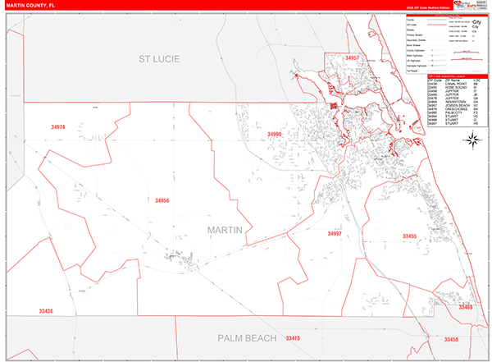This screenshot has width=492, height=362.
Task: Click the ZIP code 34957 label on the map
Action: [353, 59]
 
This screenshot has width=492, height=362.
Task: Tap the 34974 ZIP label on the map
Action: [57, 126]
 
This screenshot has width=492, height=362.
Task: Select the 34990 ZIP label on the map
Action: [274, 134]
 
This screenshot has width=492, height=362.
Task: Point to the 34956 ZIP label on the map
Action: [162, 200]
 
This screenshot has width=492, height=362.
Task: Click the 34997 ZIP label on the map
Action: [335, 234]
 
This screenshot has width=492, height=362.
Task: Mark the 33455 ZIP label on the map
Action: [409, 236]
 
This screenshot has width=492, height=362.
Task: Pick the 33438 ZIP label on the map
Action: [46, 311]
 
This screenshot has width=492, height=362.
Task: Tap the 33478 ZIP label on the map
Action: [293, 337]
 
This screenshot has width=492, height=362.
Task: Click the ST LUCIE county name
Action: [158, 59]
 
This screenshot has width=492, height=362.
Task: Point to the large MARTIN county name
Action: [225, 230]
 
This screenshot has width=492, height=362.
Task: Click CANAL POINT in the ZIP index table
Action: [449, 85]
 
